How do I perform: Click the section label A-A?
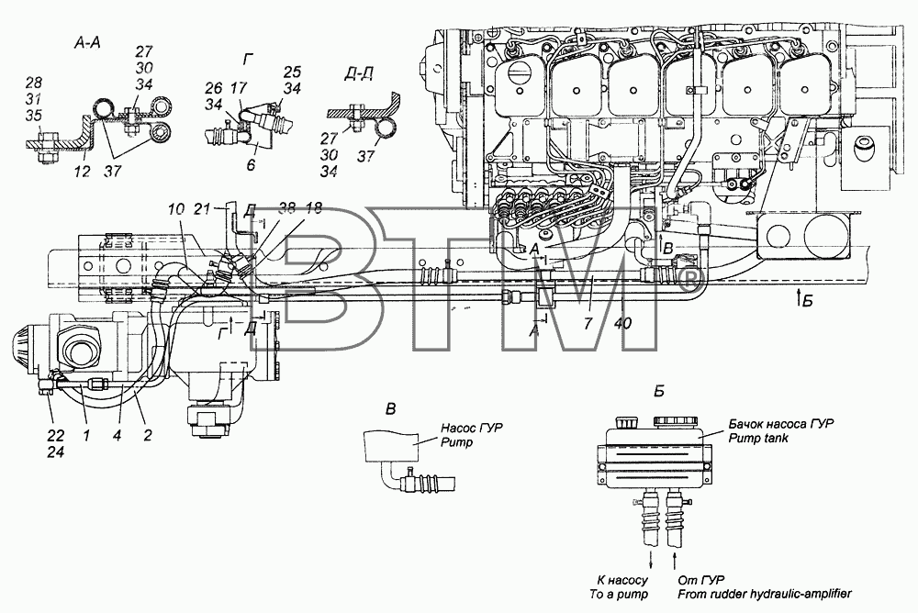point(87,43)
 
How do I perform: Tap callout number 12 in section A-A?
point(83,172)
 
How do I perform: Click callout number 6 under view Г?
point(251,165)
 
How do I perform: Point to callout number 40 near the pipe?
point(623,322)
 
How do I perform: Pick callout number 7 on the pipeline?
point(588,322)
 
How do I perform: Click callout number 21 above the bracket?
point(201,208)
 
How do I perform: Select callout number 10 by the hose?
point(175,208)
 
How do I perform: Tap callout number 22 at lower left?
point(56,436)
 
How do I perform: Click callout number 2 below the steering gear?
point(148,435)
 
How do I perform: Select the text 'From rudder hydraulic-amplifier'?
point(765,594)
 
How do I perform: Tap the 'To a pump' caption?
point(619,594)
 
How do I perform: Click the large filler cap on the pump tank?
point(676,422)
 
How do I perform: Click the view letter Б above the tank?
point(658,391)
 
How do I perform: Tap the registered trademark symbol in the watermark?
point(691,280)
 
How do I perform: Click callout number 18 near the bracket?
point(314,208)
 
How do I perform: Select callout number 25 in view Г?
point(292,72)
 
